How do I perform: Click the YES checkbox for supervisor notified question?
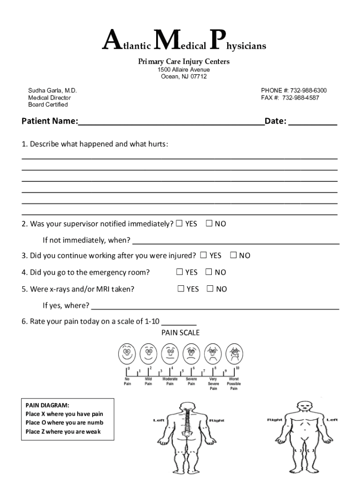click(179, 224)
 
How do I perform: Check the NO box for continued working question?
click(233, 255)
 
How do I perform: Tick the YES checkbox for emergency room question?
click(179, 272)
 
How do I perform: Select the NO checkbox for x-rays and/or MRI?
click(210, 289)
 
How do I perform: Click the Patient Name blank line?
click(171, 122)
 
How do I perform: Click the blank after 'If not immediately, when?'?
click(236, 240)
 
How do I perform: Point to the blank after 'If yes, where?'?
click(215, 306)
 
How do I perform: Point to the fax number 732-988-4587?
click(301, 98)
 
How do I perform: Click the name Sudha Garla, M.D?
click(52, 90)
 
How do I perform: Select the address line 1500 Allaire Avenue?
click(183, 70)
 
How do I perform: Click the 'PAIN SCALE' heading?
click(180, 333)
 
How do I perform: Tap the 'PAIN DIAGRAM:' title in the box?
click(47, 405)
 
